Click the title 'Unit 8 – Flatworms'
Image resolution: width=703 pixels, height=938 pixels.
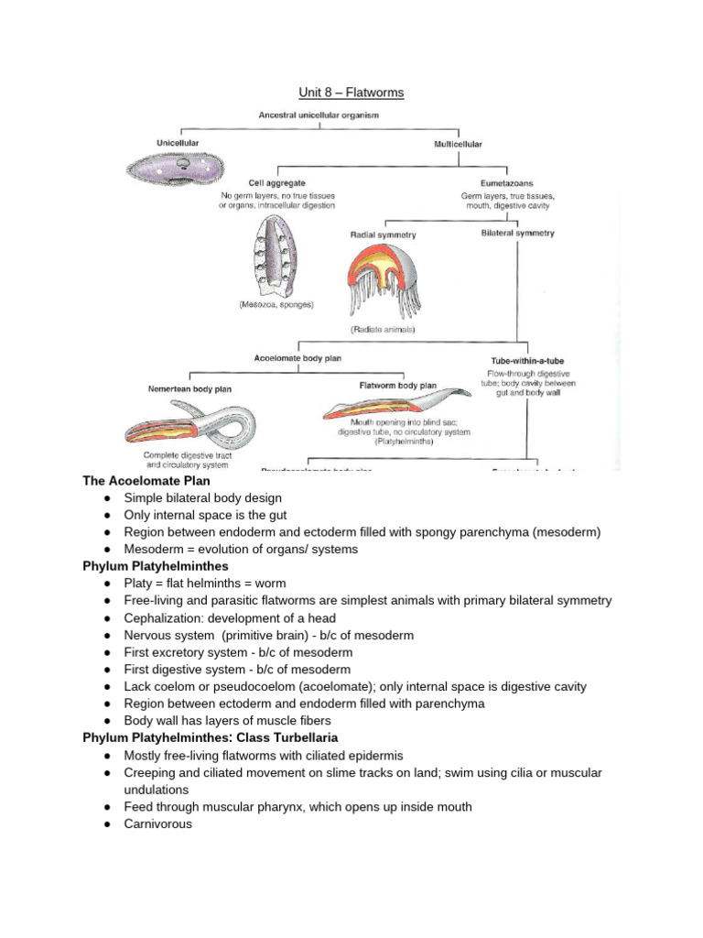point(352,93)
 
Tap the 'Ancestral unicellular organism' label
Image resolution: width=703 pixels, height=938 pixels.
point(319,115)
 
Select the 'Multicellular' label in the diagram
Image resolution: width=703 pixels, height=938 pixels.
point(457,144)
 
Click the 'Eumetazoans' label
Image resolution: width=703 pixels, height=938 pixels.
point(507,182)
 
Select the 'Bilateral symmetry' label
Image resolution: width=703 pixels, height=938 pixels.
point(517,234)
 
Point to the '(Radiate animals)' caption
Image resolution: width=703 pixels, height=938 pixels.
point(383,328)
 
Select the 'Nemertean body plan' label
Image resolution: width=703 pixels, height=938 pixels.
point(189,389)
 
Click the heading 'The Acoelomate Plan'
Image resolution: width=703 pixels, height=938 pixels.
point(146,480)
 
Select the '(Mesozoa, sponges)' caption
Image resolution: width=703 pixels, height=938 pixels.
point(269,305)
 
